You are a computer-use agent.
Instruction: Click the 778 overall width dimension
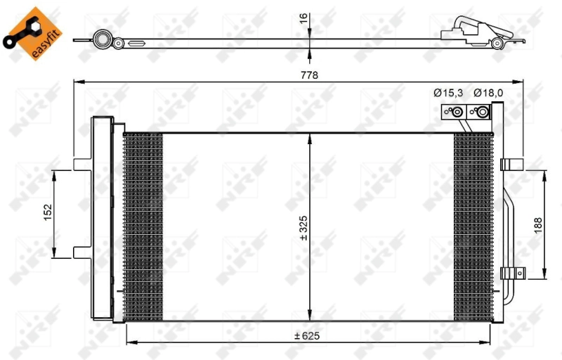click(x=310, y=75)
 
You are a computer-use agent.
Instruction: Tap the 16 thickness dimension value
click(x=304, y=18)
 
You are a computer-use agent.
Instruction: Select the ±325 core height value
click(x=303, y=229)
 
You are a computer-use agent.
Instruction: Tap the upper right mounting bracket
click(x=511, y=164)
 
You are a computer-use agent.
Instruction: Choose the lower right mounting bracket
click(x=511, y=274)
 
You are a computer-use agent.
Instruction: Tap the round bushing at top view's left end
click(x=103, y=39)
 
